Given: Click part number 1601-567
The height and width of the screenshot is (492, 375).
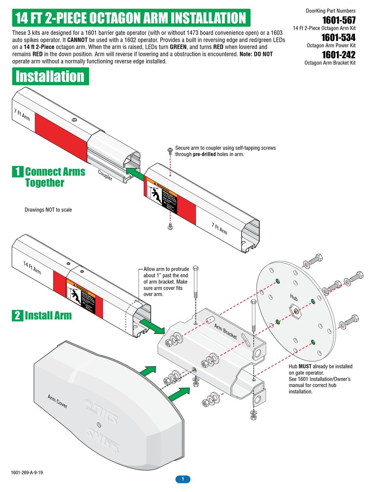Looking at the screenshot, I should (338, 20).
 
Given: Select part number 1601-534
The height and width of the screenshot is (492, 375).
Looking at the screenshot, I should (338, 37).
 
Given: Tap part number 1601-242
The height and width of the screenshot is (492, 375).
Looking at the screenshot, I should (338, 55).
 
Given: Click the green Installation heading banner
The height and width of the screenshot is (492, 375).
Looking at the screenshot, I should (51, 76).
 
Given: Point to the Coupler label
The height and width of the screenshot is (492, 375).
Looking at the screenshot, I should (105, 175).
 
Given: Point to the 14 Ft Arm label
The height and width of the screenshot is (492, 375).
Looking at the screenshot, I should (32, 268).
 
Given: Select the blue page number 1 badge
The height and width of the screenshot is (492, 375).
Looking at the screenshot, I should (183, 479).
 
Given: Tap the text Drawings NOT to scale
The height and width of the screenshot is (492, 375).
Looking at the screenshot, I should (48, 210).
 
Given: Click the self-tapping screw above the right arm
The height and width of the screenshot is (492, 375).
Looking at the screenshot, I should (170, 150).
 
